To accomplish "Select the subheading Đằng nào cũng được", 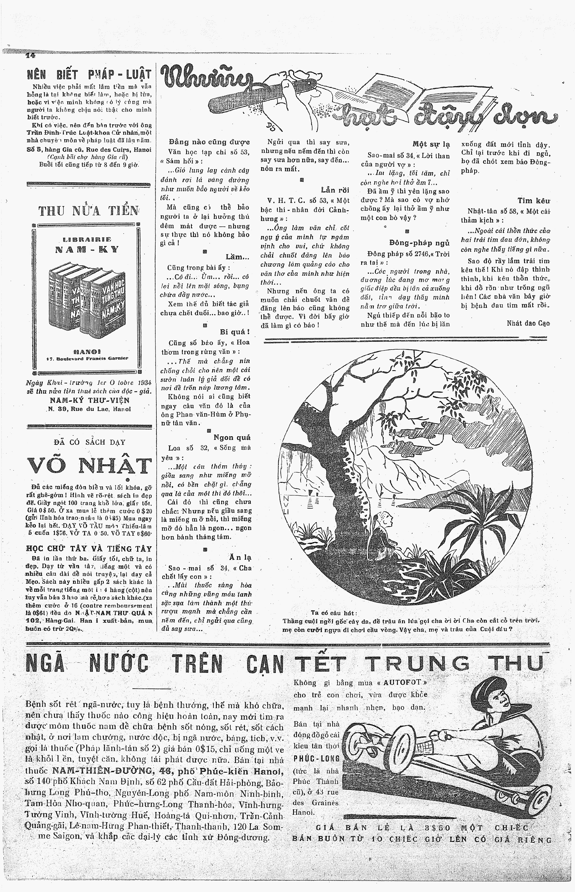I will click(209, 142).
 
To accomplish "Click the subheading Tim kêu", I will click(534, 201).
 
